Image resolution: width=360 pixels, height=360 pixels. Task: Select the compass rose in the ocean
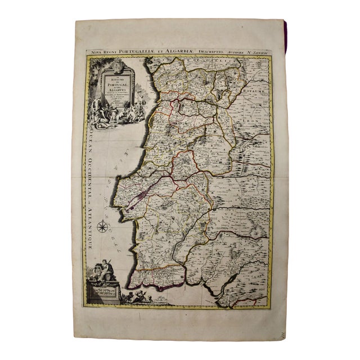pyautogui.click(x=103, y=227)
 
